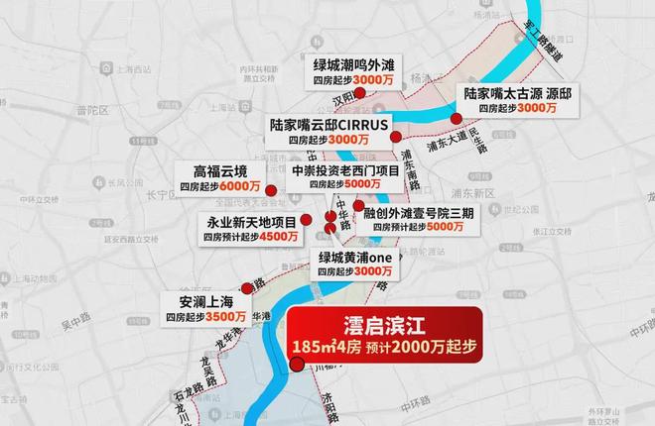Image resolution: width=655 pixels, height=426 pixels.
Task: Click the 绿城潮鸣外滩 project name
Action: click(x=348, y=61)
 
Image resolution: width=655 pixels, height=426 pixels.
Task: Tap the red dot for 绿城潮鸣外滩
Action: click(x=361, y=92)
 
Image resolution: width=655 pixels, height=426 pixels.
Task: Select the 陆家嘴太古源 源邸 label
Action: click(x=517, y=92)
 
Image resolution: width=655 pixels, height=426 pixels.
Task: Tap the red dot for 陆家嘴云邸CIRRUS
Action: click(x=395, y=137)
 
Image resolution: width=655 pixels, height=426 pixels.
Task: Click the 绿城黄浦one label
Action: click(x=356, y=256)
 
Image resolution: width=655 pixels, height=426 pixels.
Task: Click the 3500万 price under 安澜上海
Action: click(x=226, y=316)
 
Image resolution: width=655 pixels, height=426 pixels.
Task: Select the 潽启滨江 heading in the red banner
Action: click(x=383, y=324)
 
